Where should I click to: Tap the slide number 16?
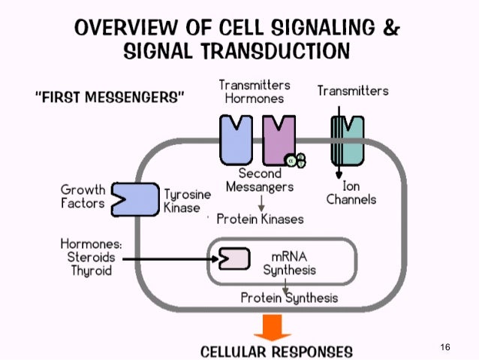(x=445, y=347)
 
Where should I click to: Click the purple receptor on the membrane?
(x=279, y=140)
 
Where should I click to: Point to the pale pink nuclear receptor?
(x=233, y=259)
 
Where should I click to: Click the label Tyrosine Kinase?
(x=187, y=201)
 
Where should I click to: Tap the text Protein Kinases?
(x=260, y=219)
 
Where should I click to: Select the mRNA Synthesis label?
(x=289, y=262)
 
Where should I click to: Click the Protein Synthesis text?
(x=289, y=298)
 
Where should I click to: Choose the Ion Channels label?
(x=351, y=192)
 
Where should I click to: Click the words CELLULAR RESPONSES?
(x=276, y=351)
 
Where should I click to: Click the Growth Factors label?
(x=83, y=196)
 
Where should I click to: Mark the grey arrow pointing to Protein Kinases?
(x=261, y=202)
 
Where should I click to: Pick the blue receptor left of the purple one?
(x=236, y=140)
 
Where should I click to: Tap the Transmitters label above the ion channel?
(x=353, y=91)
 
